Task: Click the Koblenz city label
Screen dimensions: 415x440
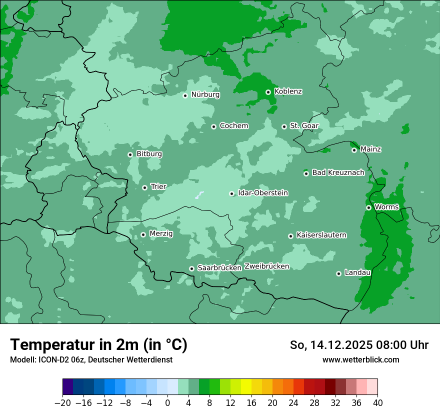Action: tap(288, 91)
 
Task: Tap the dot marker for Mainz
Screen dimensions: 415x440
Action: tap(354, 150)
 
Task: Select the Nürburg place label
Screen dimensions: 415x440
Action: tap(205, 94)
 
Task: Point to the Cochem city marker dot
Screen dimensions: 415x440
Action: tap(213, 126)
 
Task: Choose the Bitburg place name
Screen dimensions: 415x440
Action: tap(149, 154)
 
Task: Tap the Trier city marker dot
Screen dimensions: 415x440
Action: tap(144, 187)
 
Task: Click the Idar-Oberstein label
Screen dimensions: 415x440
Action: tap(262, 193)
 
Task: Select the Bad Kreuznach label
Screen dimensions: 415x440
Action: tap(338, 172)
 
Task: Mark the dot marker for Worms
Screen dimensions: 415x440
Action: tap(368, 207)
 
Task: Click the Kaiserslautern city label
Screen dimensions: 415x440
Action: tap(321, 235)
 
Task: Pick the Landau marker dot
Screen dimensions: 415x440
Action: tap(338, 273)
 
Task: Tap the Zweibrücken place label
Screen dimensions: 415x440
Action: tap(266, 266)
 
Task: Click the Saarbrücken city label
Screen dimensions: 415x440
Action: tap(219, 268)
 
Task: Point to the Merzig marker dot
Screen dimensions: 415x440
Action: tap(143, 234)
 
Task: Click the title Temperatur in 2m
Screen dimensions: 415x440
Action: tap(98, 345)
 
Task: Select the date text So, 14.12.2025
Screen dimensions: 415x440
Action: tap(330, 345)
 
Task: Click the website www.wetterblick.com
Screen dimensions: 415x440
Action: tap(360, 359)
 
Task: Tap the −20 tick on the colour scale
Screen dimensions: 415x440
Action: tap(63, 403)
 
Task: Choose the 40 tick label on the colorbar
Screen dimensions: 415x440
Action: tap(377, 403)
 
